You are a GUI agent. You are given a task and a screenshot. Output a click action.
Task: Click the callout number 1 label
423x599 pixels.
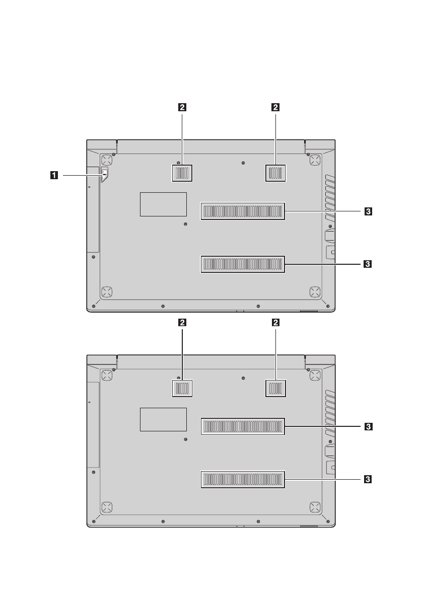click(x=55, y=175)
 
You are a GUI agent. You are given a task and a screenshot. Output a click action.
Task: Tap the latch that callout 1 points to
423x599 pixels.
click(x=105, y=174)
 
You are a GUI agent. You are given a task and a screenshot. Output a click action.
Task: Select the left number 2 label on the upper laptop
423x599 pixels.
click(x=182, y=107)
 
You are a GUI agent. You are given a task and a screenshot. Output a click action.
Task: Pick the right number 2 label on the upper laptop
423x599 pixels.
click(x=275, y=107)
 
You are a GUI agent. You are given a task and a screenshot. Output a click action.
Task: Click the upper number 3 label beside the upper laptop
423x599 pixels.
click(x=368, y=211)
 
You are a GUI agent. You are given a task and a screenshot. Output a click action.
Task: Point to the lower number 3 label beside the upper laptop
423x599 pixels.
click(x=368, y=264)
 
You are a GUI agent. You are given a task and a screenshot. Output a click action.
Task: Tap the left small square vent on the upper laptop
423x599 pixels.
click(x=182, y=174)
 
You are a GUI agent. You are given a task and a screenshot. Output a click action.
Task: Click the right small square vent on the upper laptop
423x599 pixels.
click(x=275, y=174)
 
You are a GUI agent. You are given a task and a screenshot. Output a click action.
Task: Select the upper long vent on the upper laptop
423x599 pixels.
click(x=243, y=211)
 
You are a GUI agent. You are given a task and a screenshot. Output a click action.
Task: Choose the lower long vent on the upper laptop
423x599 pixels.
click(x=243, y=264)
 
